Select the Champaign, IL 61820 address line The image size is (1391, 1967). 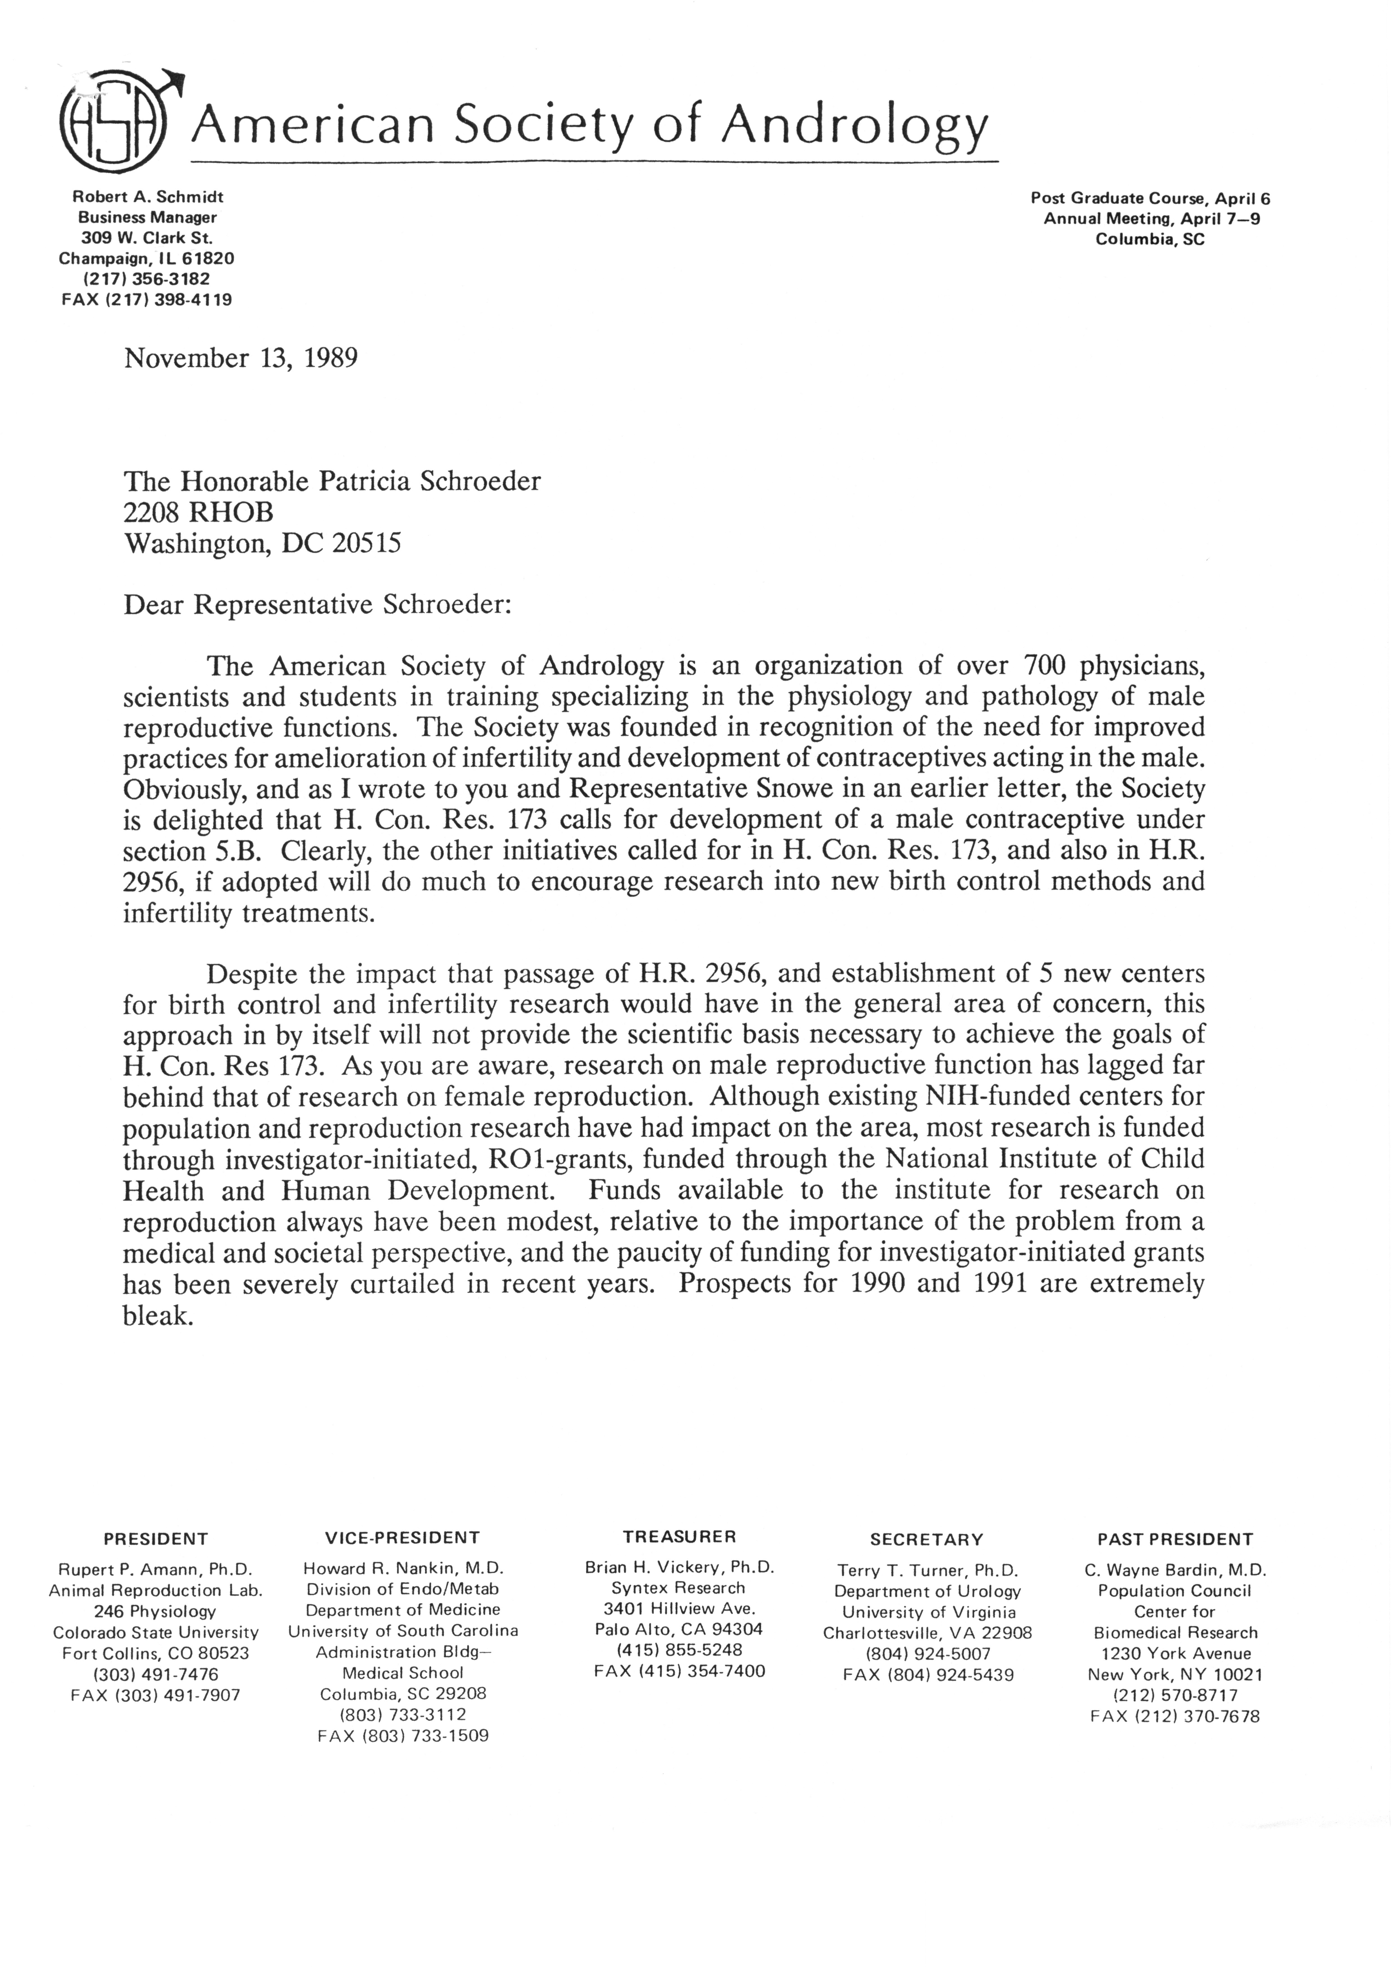click(147, 258)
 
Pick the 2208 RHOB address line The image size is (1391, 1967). click(199, 511)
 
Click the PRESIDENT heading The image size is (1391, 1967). click(156, 1539)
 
